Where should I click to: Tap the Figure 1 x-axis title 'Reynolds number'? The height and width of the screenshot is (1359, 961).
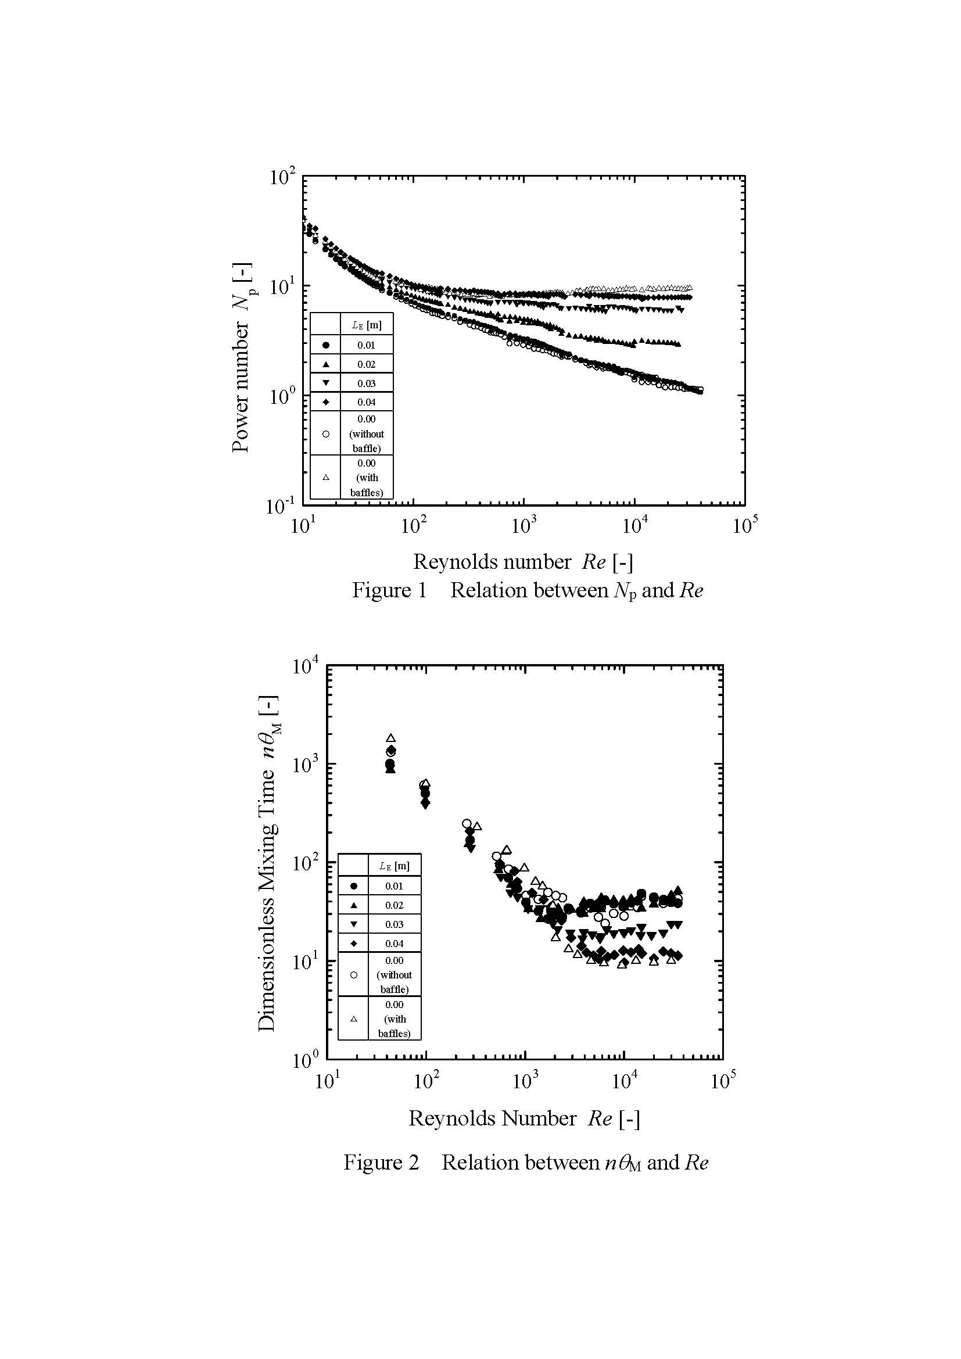[492, 562]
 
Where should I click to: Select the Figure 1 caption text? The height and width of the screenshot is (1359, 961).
[527, 590]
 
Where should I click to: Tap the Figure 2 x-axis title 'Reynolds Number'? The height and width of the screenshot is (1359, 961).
[492, 1118]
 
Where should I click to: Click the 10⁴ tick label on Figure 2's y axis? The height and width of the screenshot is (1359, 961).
[306, 666]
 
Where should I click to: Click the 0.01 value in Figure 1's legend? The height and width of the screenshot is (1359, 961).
[366, 345]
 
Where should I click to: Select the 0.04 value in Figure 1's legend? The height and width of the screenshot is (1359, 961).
[366, 402]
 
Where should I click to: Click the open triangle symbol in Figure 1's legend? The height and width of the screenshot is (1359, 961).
[325, 477]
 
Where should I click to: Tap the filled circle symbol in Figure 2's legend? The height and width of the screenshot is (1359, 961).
[354, 886]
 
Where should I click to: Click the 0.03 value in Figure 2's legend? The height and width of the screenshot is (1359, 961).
[394, 924]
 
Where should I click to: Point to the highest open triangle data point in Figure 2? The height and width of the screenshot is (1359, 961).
[390, 738]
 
